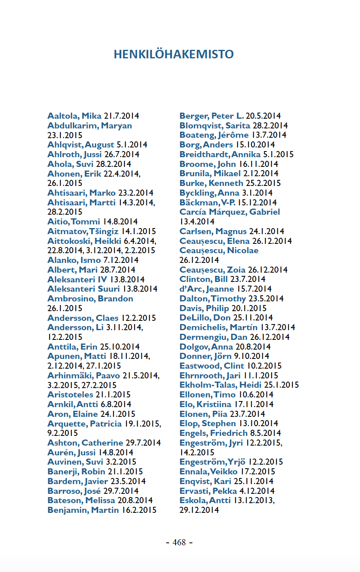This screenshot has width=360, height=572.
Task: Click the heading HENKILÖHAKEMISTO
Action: [174, 54]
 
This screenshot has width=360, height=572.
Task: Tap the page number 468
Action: [179, 542]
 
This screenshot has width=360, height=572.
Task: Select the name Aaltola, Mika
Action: [74, 116]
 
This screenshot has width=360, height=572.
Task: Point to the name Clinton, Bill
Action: [204, 279]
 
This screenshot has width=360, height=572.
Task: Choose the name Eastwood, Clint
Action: [212, 366]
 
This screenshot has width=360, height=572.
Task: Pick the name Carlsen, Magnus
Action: [213, 231]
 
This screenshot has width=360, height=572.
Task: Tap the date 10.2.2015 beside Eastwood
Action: [264, 366]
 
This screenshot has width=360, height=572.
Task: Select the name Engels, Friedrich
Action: [213, 433]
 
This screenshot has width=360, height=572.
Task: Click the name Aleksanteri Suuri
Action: [84, 289]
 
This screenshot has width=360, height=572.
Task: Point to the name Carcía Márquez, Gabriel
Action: [229, 212]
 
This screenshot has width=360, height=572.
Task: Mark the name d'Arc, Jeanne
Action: [207, 289]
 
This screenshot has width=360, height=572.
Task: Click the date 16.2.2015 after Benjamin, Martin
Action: [139, 510]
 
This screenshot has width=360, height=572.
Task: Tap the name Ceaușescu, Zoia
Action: [212, 270]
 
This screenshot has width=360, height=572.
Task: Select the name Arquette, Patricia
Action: [84, 424]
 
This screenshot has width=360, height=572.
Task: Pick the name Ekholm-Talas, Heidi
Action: [221, 385]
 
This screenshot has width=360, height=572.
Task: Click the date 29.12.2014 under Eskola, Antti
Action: [199, 510]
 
